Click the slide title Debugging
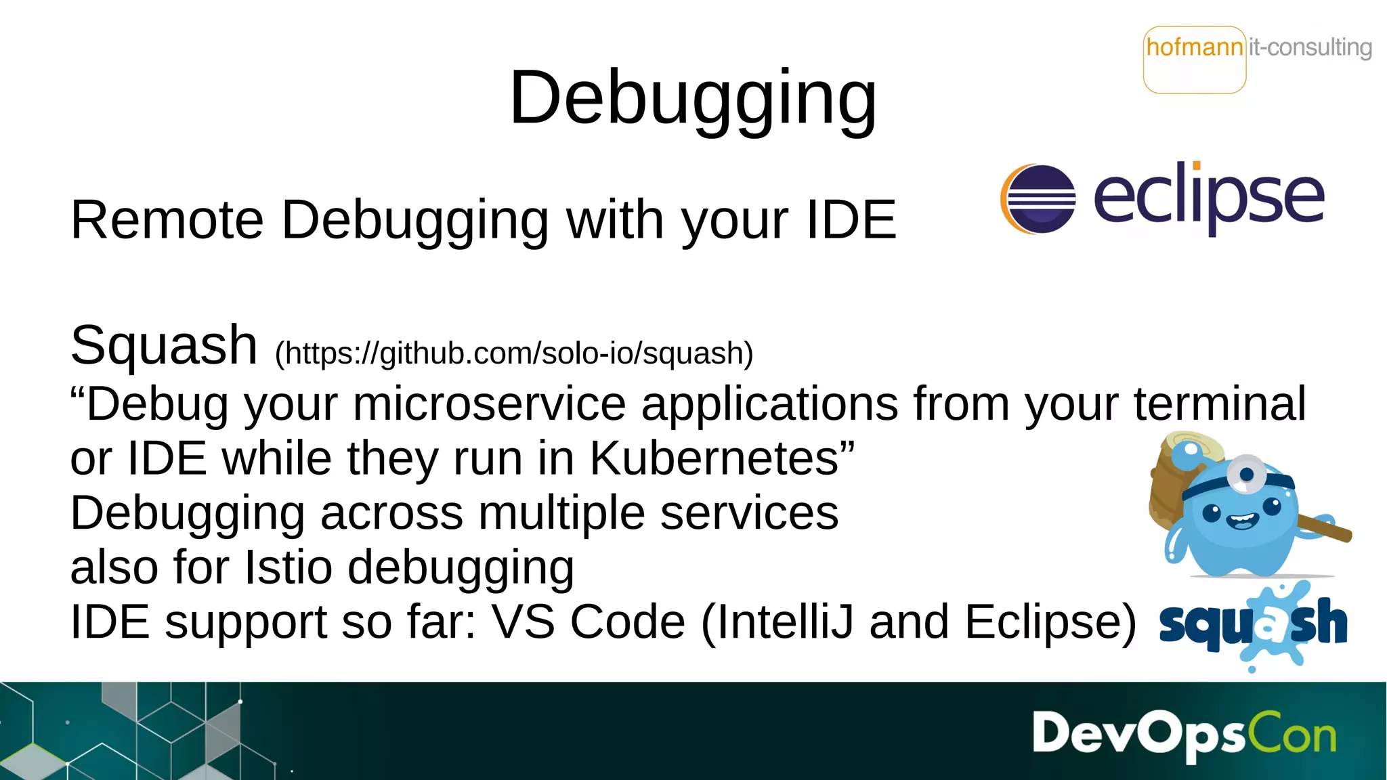(692, 99)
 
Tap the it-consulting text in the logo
(1310, 47)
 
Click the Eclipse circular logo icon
(1038, 198)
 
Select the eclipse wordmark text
(1209, 198)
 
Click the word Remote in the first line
(167, 220)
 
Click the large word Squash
(164, 345)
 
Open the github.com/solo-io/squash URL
(514, 353)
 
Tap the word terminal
(1220, 404)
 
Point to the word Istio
(288, 567)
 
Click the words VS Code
(588, 622)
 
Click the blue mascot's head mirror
(1247, 473)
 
